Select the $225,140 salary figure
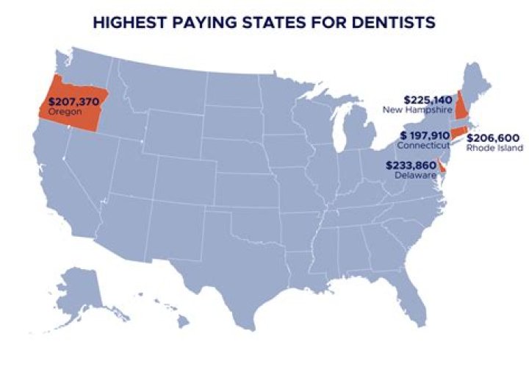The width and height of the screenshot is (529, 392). coord(428,99)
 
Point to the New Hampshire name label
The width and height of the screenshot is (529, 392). coord(416,110)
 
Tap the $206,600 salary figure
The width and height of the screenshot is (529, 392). coord(495,138)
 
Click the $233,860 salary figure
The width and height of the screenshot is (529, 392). coord(411,165)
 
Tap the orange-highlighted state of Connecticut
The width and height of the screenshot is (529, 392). coord(458,132)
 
